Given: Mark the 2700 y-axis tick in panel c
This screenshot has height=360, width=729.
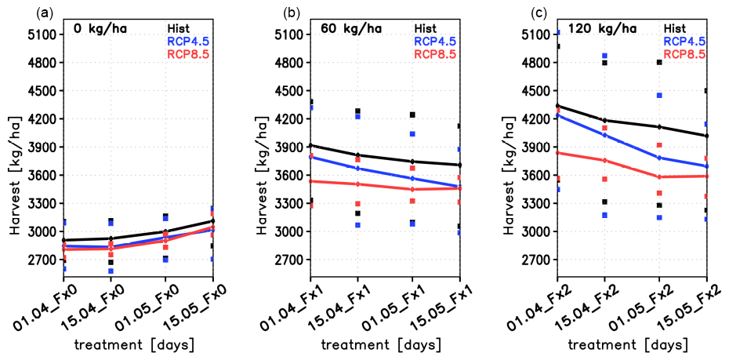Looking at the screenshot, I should (538, 260).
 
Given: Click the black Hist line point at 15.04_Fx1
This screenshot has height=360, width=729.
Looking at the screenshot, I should (357, 155).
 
